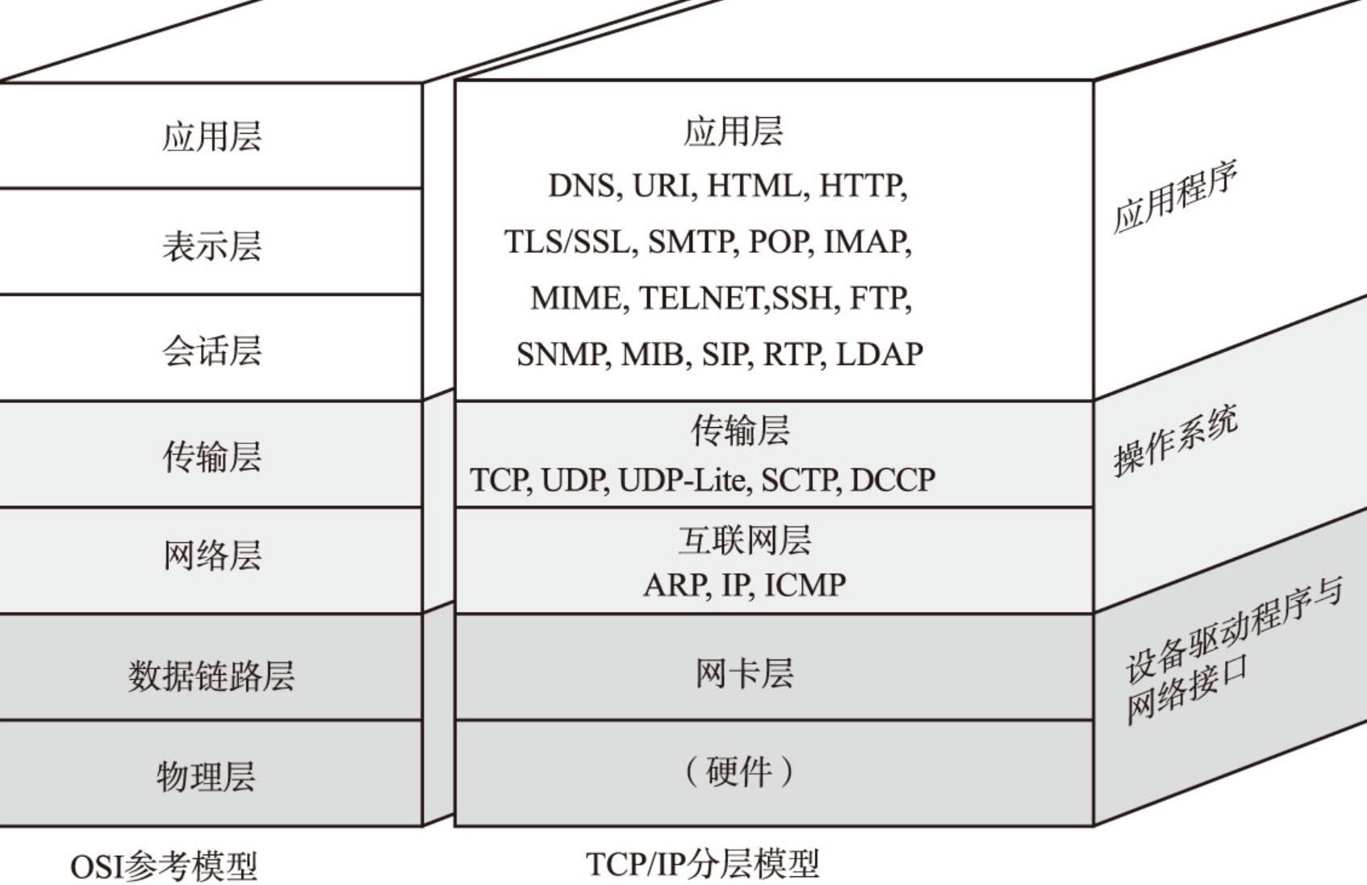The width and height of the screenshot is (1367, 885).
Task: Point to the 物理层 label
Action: click(x=206, y=776)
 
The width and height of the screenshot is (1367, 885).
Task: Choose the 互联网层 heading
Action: click(x=743, y=540)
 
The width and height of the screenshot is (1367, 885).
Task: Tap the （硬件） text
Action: click(x=739, y=772)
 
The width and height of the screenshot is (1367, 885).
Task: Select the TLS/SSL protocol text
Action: click(x=566, y=241)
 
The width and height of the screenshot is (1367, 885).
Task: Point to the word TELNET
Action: click(x=702, y=298)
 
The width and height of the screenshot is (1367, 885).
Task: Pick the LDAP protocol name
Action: click(x=879, y=354)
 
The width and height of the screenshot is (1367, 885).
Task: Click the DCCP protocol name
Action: click(x=893, y=480)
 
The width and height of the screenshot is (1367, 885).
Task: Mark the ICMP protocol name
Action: click(x=805, y=585)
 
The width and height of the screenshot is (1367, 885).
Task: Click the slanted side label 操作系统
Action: click(x=1175, y=442)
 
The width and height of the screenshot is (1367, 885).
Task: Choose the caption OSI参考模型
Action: click(x=164, y=866)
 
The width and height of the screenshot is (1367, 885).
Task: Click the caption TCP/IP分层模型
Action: click(x=701, y=864)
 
